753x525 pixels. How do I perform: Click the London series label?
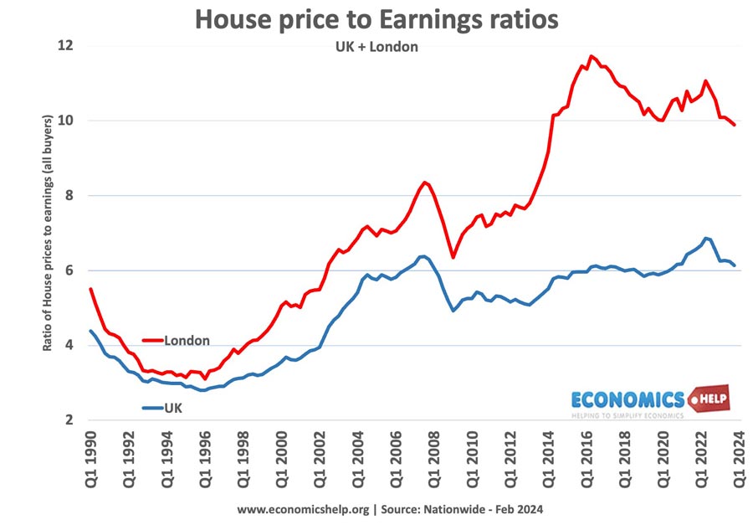pyautogui.click(x=187, y=341)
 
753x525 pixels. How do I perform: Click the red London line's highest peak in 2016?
pyautogui.click(x=591, y=57)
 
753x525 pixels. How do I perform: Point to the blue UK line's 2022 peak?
pyautogui.click(x=707, y=238)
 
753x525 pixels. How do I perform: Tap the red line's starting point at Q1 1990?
pyautogui.click(x=90, y=289)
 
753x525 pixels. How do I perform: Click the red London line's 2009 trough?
pyautogui.click(x=453, y=257)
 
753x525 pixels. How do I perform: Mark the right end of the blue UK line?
pyautogui.click(x=735, y=265)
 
